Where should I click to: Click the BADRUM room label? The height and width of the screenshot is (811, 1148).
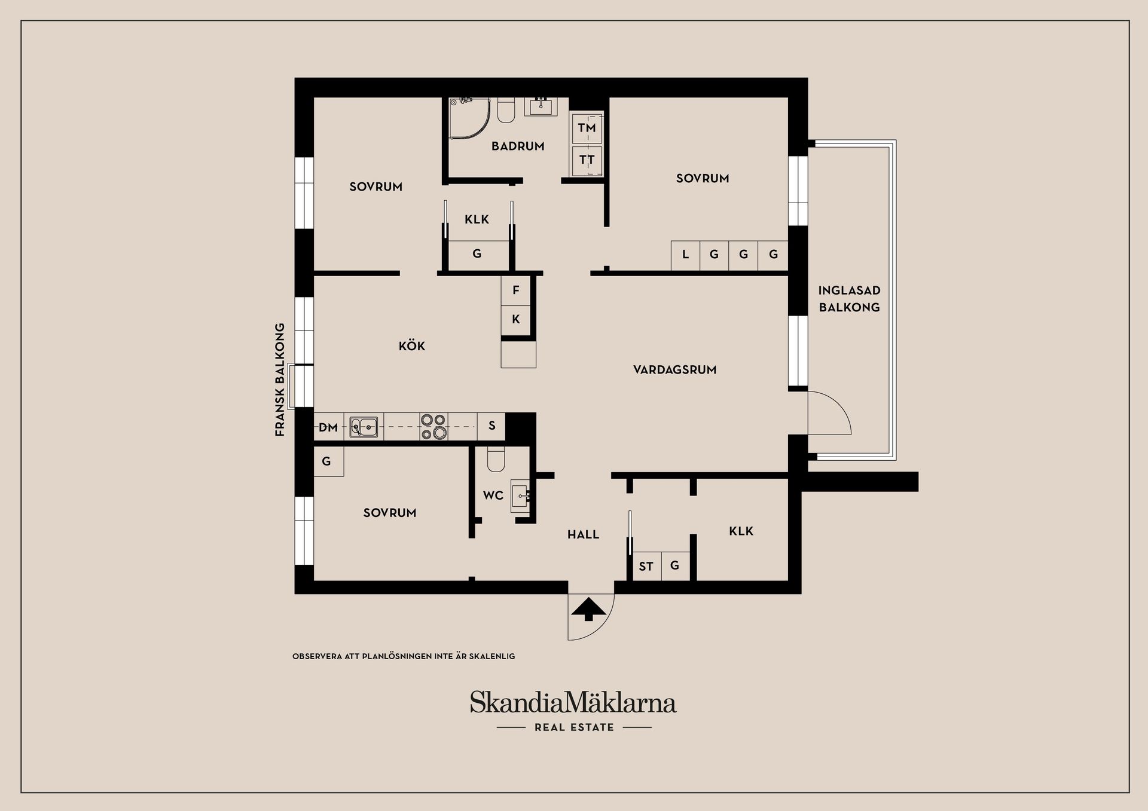(x=518, y=146)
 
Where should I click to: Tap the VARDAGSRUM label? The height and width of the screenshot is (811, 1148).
(x=674, y=369)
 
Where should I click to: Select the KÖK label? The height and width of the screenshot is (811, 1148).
(x=412, y=345)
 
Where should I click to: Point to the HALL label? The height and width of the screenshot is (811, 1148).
(x=583, y=534)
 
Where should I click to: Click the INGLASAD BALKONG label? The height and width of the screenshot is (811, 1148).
(x=849, y=299)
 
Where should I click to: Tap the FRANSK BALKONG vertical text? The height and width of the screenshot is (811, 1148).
(x=280, y=380)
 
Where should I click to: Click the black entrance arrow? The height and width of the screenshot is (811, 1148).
(x=589, y=609)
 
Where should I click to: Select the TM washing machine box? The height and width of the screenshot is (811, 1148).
(x=587, y=128)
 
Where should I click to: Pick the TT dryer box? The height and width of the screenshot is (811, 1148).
(x=587, y=160)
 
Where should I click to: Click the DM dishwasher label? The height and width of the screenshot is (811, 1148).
(x=328, y=427)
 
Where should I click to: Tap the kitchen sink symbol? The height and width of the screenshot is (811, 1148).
(x=364, y=427)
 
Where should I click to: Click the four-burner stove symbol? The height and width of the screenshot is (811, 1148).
(x=433, y=427)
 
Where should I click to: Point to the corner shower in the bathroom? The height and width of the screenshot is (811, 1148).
(x=469, y=118)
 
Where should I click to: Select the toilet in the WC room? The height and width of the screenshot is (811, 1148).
(x=496, y=458)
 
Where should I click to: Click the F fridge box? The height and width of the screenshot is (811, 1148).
(x=515, y=290)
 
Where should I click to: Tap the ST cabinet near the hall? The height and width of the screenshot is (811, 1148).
(x=646, y=566)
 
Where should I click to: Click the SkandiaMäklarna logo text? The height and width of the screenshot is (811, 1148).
(x=573, y=702)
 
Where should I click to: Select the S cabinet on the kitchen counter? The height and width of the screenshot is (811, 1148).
(x=491, y=426)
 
